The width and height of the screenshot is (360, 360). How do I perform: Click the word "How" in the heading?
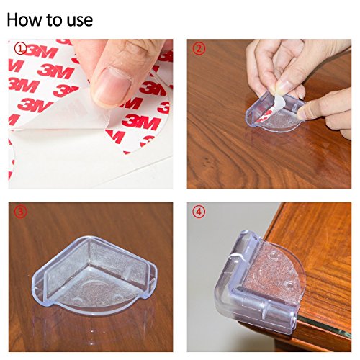(x=22, y=19)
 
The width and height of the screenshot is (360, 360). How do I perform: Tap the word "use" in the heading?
(x=80, y=21)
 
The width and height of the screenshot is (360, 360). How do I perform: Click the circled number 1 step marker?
(x=21, y=49)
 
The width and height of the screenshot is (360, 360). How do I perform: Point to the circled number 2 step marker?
(x=199, y=49)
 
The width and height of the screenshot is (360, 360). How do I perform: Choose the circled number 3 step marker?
(x=21, y=212)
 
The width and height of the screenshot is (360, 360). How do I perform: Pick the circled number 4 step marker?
(x=199, y=212)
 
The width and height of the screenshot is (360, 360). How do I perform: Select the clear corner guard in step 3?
(x=95, y=273)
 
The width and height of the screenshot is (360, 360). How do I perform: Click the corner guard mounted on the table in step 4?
(x=259, y=281)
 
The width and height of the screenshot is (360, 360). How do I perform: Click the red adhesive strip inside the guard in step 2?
(x=264, y=114)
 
